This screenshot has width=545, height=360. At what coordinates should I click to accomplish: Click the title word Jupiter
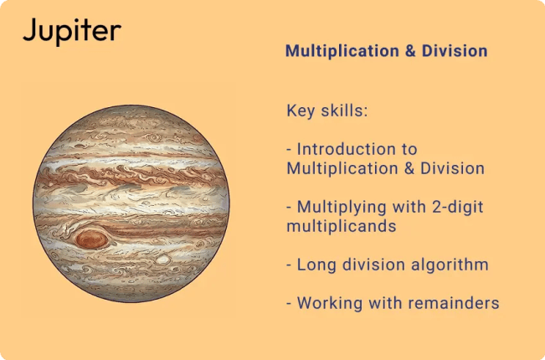coord(71,32)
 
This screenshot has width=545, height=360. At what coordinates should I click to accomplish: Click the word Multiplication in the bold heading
coord(338,51)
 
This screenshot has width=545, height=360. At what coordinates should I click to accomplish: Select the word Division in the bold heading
coord(454,51)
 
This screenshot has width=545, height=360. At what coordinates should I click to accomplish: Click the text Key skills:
coord(327,111)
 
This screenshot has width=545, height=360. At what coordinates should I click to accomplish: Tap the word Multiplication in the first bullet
coord(339,168)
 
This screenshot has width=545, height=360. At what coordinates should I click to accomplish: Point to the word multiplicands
coord(334,226)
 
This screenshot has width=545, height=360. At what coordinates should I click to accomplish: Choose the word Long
coord(316,265)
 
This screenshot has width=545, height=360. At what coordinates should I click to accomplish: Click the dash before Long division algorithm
coord(290,265)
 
